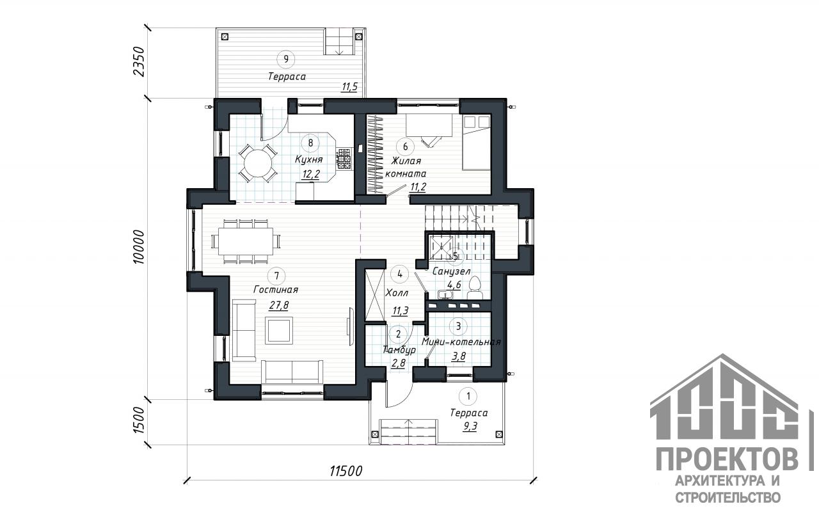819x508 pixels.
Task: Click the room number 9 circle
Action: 286,59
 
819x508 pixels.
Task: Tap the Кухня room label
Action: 309,160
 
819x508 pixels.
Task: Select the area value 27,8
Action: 278,305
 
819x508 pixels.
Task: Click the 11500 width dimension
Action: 346,472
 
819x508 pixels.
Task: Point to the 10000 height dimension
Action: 139,247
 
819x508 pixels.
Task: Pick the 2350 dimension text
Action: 139,61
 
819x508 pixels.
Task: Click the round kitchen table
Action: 258,163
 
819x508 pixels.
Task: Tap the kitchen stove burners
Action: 344,159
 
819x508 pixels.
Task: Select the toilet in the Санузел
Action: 475,288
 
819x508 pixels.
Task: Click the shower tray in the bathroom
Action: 441,248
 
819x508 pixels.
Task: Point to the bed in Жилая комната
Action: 476,143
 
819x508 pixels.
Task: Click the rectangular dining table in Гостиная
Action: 246,241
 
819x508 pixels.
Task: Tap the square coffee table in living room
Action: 279,330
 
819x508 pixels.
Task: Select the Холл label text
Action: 397,293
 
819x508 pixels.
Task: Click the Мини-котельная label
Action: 461,342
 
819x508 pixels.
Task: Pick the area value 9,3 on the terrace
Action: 470,426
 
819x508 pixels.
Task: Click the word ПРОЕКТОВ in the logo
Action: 728,460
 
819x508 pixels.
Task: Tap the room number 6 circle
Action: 405,147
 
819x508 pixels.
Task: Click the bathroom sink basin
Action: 445,294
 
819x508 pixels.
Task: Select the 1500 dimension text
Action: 139,421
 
